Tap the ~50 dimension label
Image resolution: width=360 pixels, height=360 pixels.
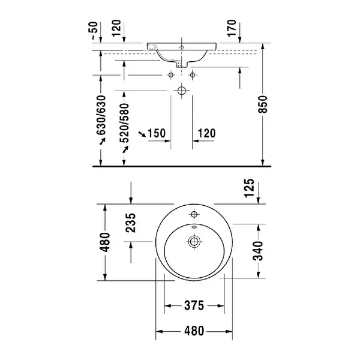(94, 31)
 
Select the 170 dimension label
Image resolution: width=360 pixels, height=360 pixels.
(232, 28)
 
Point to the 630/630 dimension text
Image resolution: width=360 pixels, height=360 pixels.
(101, 115)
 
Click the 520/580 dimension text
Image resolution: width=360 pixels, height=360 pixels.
(125, 123)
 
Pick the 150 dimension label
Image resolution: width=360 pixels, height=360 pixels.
(157, 133)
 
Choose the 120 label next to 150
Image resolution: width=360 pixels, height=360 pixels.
(206, 133)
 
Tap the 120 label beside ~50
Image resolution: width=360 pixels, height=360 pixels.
(116, 28)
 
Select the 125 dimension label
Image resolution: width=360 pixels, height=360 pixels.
(250, 188)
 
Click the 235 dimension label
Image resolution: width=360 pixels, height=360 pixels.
(131, 223)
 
